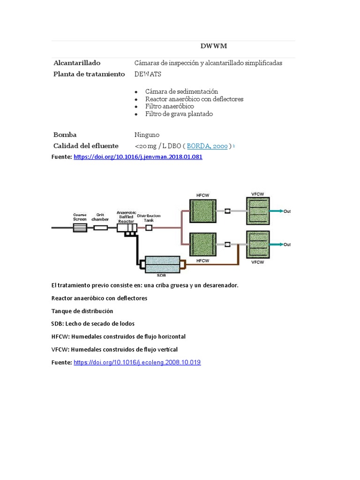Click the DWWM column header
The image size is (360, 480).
click(214, 46)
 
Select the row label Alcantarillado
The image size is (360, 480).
click(77, 63)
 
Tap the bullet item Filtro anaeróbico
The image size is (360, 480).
click(169, 106)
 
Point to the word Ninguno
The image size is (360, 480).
click(147, 135)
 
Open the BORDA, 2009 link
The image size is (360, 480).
click(207, 146)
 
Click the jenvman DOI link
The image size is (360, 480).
click(138, 157)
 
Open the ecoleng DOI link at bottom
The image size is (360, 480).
click(137, 362)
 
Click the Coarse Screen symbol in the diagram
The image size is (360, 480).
click(80, 228)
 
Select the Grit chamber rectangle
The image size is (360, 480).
click(100, 228)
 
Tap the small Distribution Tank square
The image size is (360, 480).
click(149, 228)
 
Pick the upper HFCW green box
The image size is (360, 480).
click(202, 211)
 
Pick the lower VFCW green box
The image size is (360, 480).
click(258, 244)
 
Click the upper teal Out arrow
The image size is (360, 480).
click(277, 211)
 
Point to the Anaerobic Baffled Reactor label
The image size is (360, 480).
click(126, 217)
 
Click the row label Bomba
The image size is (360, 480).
click(65, 135)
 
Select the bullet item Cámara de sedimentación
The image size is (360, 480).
click(181, 91)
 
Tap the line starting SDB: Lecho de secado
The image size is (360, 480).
click(93, 323)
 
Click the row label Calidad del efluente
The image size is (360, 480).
click(86, 146)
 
